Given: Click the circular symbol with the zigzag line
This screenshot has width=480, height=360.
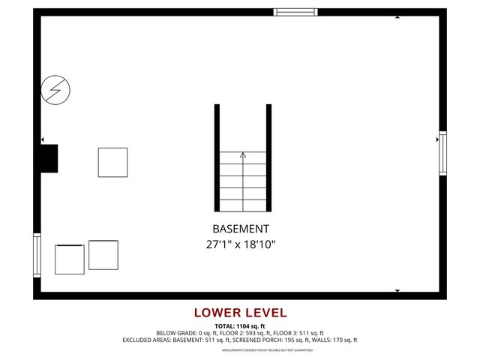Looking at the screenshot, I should tap(55, 90).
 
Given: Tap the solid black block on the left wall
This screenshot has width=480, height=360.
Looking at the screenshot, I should tap(49, 158).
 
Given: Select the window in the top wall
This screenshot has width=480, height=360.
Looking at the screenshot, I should tap(295, 12).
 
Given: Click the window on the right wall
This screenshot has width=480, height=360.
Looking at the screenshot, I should tap(442, 153).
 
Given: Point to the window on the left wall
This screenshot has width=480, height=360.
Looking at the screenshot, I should tap(37, 255).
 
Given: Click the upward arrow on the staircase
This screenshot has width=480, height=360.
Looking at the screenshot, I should tap(242, 155).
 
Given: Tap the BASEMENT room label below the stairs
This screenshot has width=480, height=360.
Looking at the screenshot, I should tap(240, 229).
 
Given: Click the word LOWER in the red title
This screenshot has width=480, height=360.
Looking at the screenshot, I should tap(215, 313).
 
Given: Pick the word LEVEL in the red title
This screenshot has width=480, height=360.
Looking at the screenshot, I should tap(263, 313).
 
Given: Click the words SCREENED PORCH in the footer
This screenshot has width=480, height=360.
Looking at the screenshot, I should tap(255, 340).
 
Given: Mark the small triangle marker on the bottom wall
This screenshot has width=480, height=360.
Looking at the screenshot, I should tap(397, 290).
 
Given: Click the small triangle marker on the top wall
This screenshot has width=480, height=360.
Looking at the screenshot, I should tap(397, 16).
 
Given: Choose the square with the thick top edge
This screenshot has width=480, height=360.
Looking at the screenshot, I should tap(70, 259).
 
